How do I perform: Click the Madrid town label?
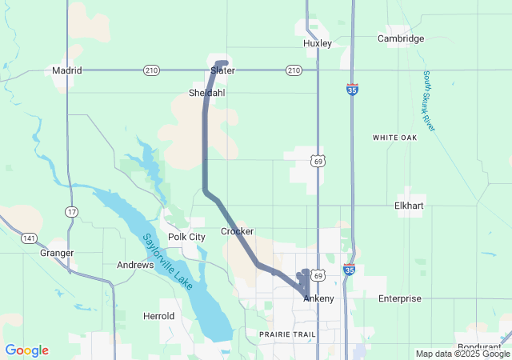67,70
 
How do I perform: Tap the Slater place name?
222,70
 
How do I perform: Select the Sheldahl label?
206,92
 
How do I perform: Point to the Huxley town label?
318,43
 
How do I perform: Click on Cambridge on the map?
401,38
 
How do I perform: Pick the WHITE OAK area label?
395,138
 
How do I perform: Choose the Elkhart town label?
409,206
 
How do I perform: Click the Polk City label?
186,237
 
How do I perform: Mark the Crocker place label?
237,231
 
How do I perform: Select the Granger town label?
57,253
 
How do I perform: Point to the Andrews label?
135,265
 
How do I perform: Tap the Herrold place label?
159,316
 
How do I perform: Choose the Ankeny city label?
318,298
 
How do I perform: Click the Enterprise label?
399,298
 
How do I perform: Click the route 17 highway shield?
72,211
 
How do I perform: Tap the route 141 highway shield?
29,238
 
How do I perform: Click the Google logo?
26,350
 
